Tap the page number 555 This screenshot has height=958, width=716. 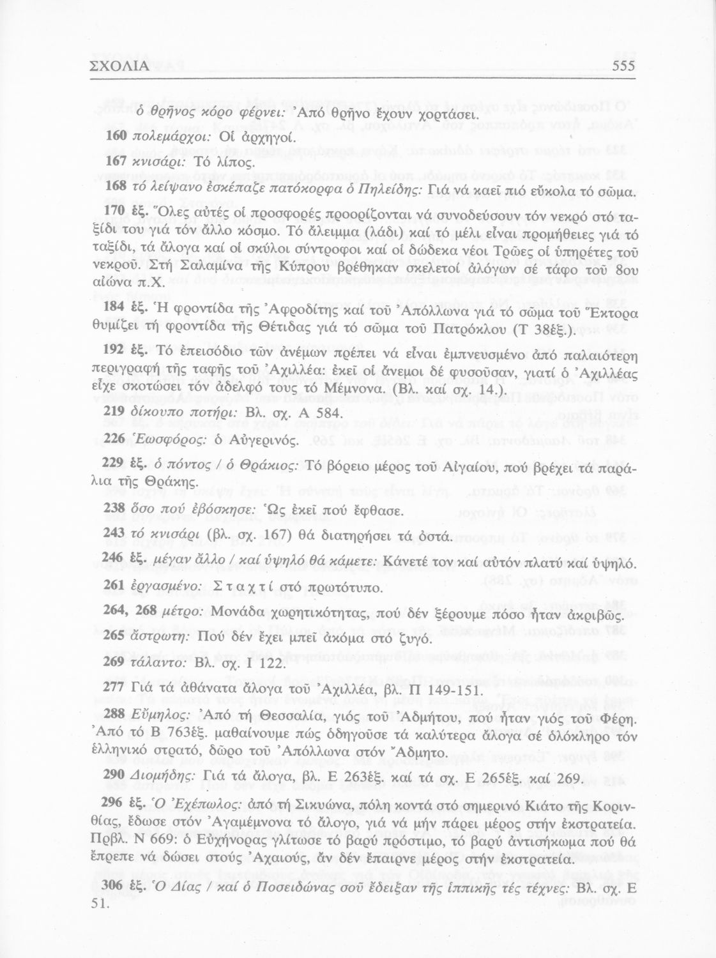click(x=622, y=66)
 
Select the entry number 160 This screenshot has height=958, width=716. click(x=113, y=137)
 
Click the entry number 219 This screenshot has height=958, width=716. click(x=113, y=414)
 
